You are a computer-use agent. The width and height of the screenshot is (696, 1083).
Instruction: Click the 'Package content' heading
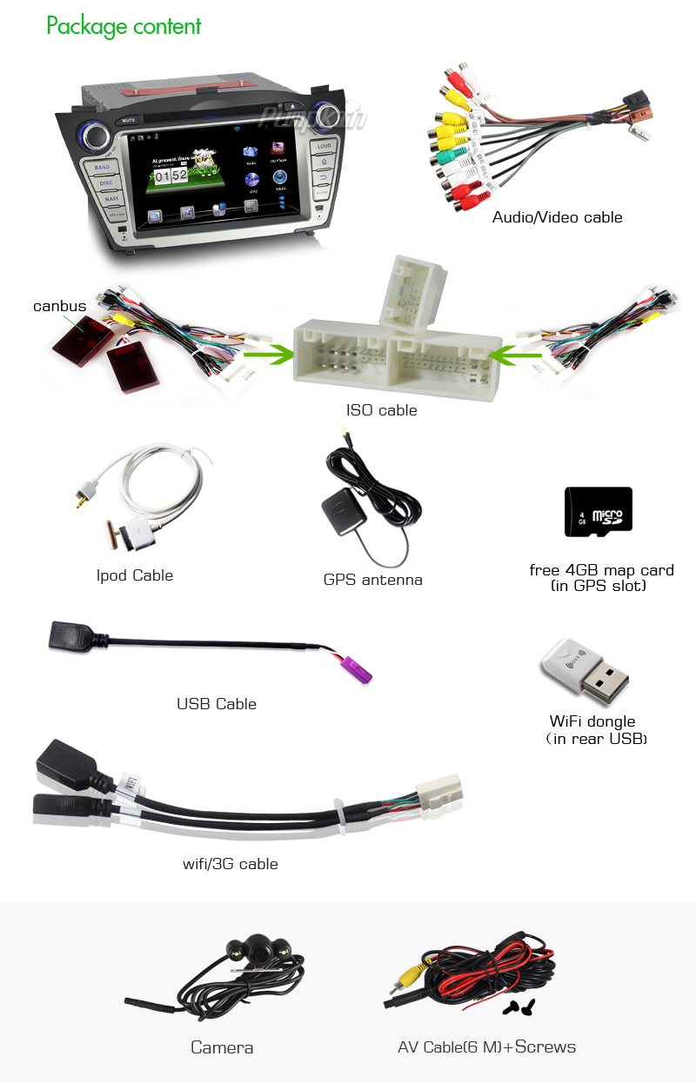click(x=124, y=26)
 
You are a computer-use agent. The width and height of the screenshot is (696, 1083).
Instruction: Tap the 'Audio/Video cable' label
click(x=557, y=217)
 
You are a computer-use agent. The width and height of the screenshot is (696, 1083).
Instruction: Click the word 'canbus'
click(x=59, y=306)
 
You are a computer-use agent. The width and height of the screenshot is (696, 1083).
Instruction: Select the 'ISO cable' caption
click(x=381, y=410)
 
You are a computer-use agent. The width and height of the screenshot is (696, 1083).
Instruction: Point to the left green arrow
click(x=268, y=355)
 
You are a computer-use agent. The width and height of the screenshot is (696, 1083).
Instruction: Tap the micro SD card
click(x=598, y=511)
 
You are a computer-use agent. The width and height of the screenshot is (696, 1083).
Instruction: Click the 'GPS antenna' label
click(x=372, y=580)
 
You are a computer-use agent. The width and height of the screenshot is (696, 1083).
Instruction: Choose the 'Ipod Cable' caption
click(x=135, y=575)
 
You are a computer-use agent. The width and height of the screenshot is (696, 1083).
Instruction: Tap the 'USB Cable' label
click(x=217, y=703)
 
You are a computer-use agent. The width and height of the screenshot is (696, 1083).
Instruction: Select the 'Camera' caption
click(x=222, y=1047)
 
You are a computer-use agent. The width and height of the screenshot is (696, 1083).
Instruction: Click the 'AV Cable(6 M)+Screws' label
click(x=486, y=1047)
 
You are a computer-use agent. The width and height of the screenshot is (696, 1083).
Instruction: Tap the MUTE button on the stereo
click(x=129, y=119)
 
